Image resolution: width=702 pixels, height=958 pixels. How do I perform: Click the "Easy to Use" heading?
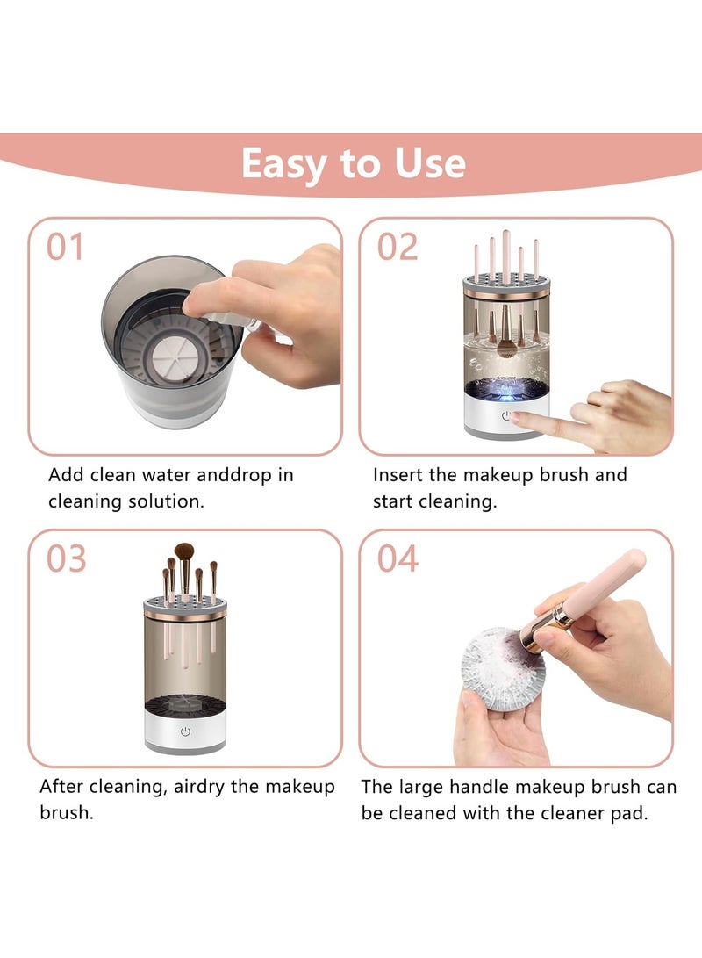coord(353,163)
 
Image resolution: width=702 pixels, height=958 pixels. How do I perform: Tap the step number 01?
coord(66,247)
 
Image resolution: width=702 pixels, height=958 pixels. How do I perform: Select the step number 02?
coord(398,247)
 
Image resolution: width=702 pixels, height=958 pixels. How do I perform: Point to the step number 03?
coord(66,558)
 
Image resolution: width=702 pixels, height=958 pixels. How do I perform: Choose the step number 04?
coord(398,558)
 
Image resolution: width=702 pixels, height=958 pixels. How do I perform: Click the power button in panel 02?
coord(506,416)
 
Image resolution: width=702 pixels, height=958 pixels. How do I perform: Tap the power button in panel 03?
coord(185,731)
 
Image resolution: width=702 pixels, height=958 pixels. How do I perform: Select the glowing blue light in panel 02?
coord(507,386)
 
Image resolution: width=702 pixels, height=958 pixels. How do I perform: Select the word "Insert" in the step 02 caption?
coord(398,475)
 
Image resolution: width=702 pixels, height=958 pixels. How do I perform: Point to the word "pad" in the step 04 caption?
coord(630,813)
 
